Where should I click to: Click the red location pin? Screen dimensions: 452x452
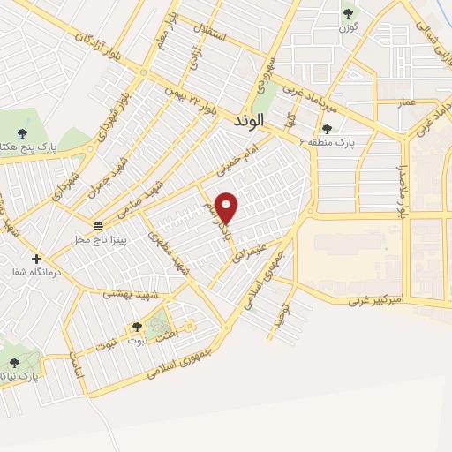[227, 207]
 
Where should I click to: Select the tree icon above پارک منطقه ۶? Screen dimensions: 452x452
[327, 130]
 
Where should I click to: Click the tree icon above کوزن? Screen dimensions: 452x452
[348, 12]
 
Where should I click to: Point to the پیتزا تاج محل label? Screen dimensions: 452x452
[100, 239]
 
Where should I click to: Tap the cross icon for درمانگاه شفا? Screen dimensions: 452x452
[36, 259]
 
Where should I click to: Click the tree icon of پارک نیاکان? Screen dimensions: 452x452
[13, 362]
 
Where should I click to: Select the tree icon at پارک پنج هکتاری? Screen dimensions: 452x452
[21, 134]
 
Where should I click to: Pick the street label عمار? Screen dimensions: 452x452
[405, 103]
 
